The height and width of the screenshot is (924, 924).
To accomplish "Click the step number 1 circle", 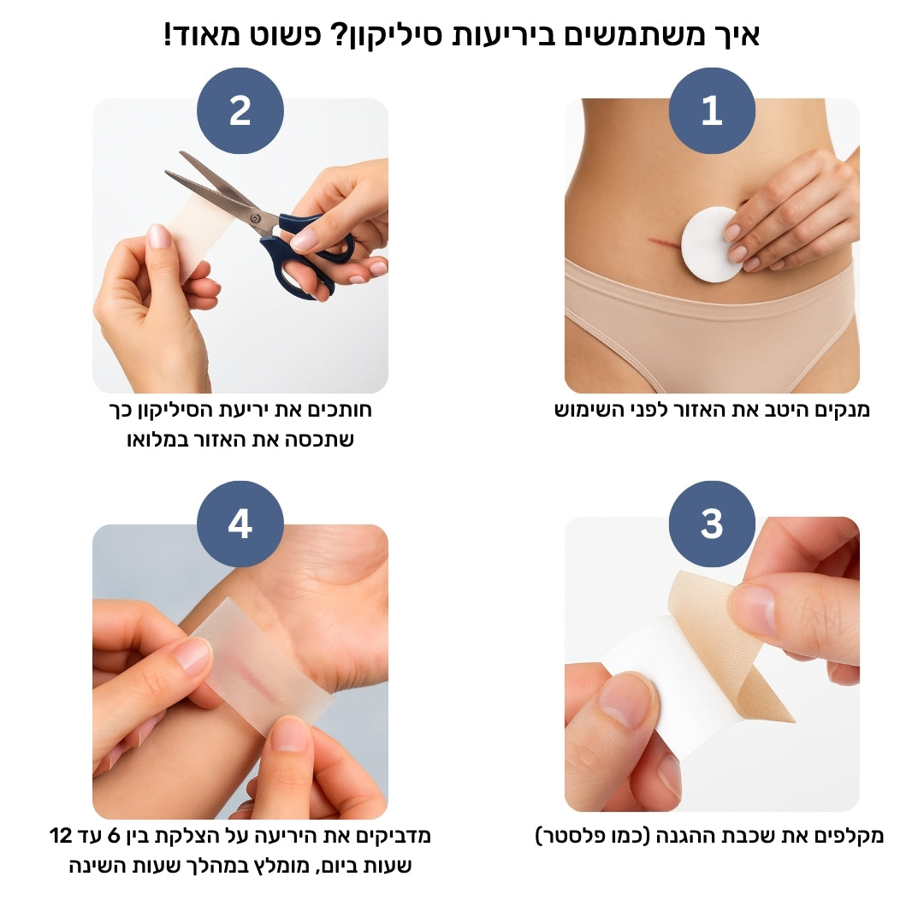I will pos(712,111).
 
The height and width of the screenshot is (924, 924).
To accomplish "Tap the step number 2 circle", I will pos(240,111).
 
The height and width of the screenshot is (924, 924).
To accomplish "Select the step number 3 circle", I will pos(712,524).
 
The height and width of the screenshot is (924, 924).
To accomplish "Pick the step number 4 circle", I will pos(240,524).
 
